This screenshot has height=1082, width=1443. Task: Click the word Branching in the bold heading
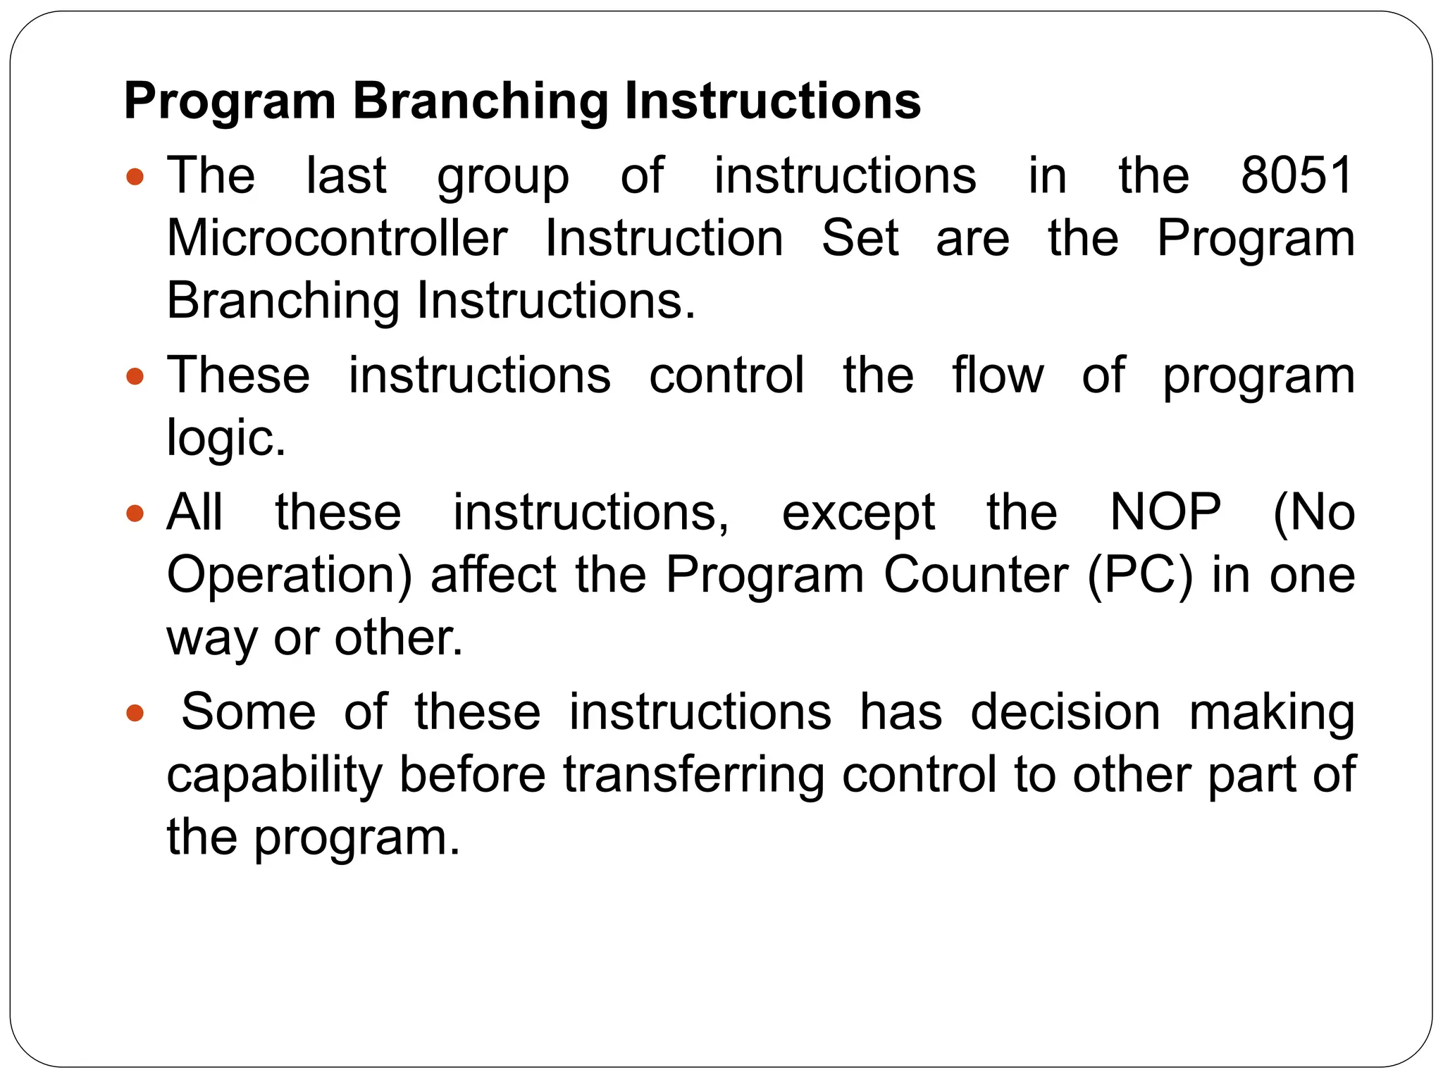[480, 101]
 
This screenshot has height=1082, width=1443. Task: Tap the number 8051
[1297, 175]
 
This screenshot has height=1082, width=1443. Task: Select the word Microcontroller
[337, 238]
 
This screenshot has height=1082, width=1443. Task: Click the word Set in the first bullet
[860, 238]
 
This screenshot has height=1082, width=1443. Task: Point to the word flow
[998, 375]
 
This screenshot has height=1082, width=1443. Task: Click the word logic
[225, 437]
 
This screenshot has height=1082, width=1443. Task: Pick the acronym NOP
[1165, 511]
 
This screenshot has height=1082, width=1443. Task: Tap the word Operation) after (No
[289, 575]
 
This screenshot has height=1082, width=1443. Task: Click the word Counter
[976, 575]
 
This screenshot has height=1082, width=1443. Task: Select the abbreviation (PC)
[1140, 575]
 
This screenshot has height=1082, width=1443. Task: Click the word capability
[274, 774]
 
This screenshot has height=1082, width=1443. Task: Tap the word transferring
[693, 774]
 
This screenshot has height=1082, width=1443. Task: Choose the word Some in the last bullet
[249, 711]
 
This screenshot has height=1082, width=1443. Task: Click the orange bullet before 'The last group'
[135, 176]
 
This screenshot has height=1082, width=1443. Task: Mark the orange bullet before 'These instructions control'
[135, 376]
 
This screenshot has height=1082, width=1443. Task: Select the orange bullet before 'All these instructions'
[135, 513]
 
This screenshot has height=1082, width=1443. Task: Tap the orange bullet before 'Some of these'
[135, 713]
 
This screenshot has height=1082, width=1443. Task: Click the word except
[858, 513]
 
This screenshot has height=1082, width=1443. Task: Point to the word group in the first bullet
[503, 176]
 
